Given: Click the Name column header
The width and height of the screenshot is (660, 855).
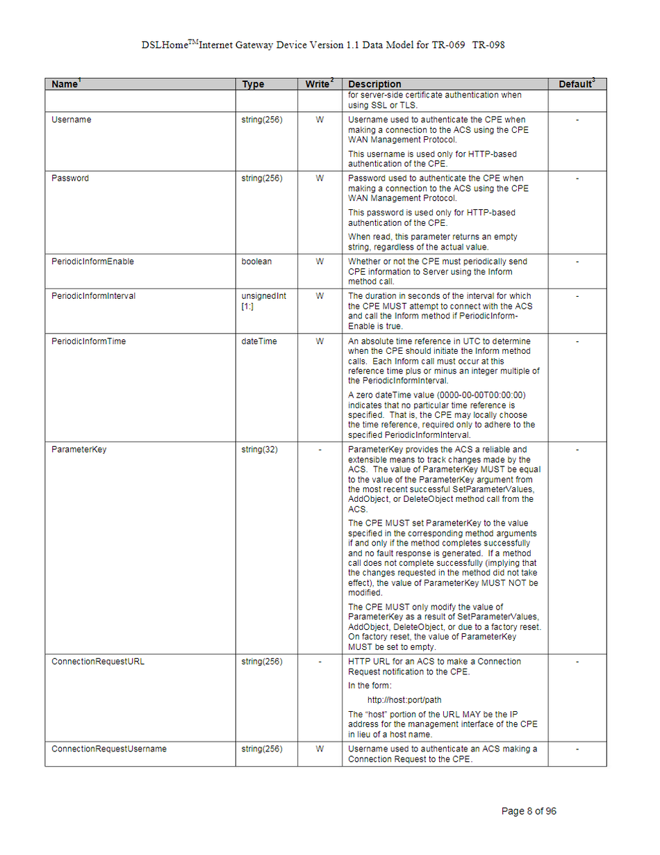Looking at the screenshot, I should pyautogui.click(x=65, y=84).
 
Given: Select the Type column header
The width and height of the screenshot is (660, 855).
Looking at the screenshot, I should pyautogui.click(x=253, y=84).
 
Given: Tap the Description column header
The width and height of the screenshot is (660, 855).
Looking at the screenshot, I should pyautogui.click(x=374, y=84).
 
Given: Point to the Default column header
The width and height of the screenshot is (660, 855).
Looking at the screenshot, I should pyautogui.click(x=575, y=84).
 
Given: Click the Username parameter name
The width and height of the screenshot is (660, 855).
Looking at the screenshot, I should pyautogui.click(x=71, y=120).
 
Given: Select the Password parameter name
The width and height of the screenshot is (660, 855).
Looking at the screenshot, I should pyautogui.click(x=70, y=178).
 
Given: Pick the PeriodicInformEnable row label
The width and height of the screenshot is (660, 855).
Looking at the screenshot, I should pyautogui.click(x=92, y=261).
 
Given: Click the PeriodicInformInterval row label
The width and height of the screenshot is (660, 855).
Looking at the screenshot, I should pyautogui.click(x=93, y=295).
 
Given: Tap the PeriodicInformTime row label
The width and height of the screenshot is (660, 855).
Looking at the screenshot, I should pyautogui.click(x=88, y=341).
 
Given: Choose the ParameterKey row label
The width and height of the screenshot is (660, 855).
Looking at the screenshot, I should pyautogui.click(x=79, y=449).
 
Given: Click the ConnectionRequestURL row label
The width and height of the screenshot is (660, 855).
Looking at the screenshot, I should pyautogui.click(x=98, y=661).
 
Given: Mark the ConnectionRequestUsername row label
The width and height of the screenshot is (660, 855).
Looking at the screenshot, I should pyautogui.click(x=109, y=749).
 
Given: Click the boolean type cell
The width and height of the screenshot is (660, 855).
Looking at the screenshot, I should pyautogui.click(x=256, y=261).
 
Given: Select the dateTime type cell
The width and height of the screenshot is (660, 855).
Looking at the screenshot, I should pyautogui.click(x=258, y=341).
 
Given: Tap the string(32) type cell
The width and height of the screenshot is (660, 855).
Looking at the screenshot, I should pyautogui.click(x=259, y=449).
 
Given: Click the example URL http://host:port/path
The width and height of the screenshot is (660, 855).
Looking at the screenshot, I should pyautogui.click(x=404, y=699).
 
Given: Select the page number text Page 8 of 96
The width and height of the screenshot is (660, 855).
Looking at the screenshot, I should pyautogui.click(x=529, y=811).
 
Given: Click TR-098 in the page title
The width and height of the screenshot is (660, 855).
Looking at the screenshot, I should pyautogui.click(x=488, y=45).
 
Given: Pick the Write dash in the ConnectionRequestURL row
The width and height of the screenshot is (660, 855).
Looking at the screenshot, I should pyautogui.click(x=320, y=661).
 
